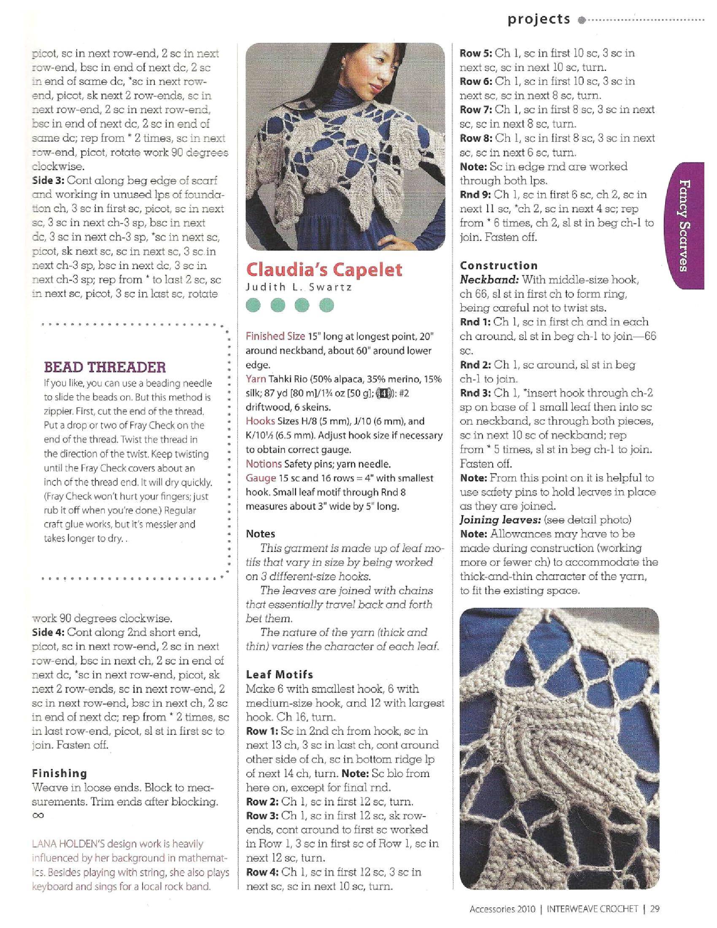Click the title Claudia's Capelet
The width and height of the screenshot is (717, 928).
click(x=323, y=270)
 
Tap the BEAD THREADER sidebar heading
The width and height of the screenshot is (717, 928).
click(x=105, y=367)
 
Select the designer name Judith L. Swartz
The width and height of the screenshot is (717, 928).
click(x=299, y=287)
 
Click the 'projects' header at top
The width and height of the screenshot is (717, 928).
click(x=539, y=19)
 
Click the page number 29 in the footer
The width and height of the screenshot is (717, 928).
click(x=655, y=909)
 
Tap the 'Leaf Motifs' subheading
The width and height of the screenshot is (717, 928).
click(x=280, y=674)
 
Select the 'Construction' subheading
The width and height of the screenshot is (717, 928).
click(x=499, y=266)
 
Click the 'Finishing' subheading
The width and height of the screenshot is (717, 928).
click(x=59, y=773)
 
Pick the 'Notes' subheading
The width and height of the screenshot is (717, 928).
click(x=260, y=534)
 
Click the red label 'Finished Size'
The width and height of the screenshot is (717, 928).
click(x=275, y=336)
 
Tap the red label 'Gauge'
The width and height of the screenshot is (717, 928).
click(x=261, y=478)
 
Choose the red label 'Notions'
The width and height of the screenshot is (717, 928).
click(x=264, y=464)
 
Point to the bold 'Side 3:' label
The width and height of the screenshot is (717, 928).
click(x=48, y=181)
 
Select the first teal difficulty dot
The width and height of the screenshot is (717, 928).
click(x=254, y=305)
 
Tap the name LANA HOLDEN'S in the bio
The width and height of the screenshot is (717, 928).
click(x=62, y=844)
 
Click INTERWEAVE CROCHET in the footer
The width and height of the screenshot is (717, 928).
click(x=592, y=909)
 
